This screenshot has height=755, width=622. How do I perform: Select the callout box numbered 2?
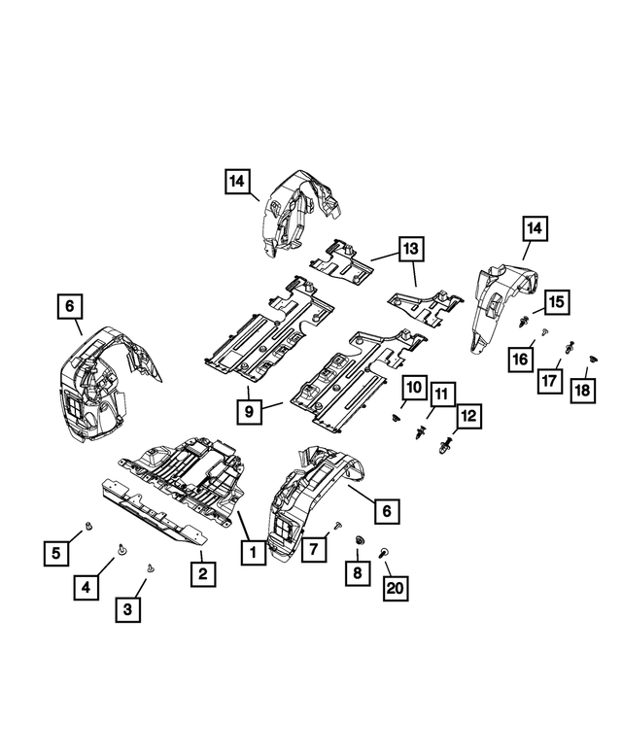coord(202,573)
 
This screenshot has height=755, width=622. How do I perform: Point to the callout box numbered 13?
coord(412,249)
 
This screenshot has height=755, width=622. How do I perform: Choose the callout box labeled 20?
coord(397,587)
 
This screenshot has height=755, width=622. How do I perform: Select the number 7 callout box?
coord(314,550)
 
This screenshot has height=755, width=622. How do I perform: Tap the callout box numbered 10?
coord(412,388)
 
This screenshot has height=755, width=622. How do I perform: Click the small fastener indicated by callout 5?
coord(88,526)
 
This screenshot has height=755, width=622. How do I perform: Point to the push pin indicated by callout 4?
coord(121,549)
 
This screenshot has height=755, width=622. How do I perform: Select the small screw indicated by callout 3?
coord(150,567)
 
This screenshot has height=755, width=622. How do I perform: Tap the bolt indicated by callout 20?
coord(386,551)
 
